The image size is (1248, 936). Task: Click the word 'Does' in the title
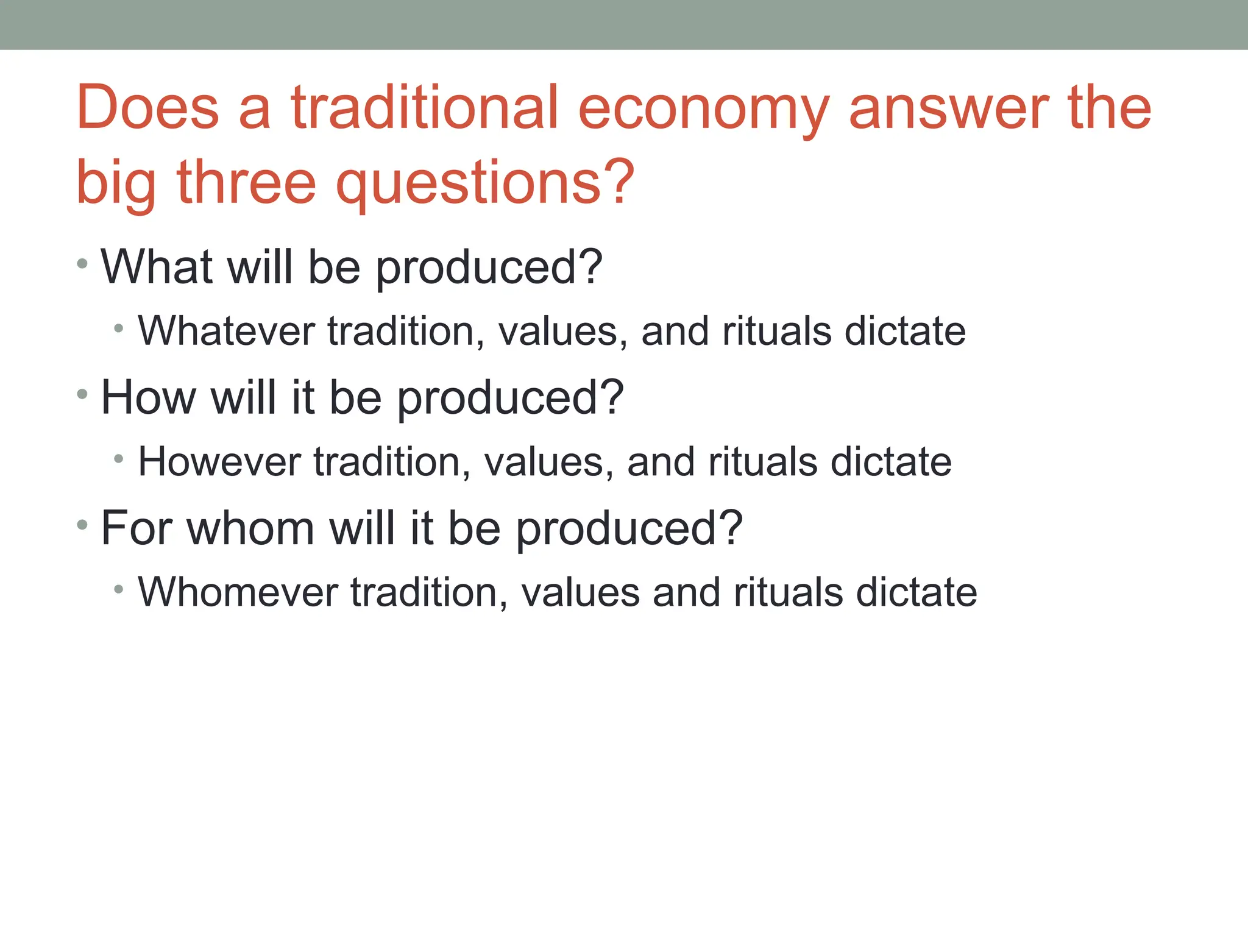pyautogui.click(x=147, y=108)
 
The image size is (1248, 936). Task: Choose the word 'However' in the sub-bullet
pyautogui.click(x=219, y=461)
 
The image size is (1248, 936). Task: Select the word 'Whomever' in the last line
pyautogui.click(x=238, y=592)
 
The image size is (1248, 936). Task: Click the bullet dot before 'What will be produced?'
pyautogui.click(x=83, y=264)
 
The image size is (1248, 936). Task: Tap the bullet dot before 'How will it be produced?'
pyautogui.click(x=83, y=395)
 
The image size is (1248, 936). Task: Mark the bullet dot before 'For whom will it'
pyautogui.click(x=83, y=525)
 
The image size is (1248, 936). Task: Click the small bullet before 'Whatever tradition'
pyautogui.click(x=119, y=330)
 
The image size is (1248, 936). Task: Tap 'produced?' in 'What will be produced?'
pyautogui.click(x=489, y=268)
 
